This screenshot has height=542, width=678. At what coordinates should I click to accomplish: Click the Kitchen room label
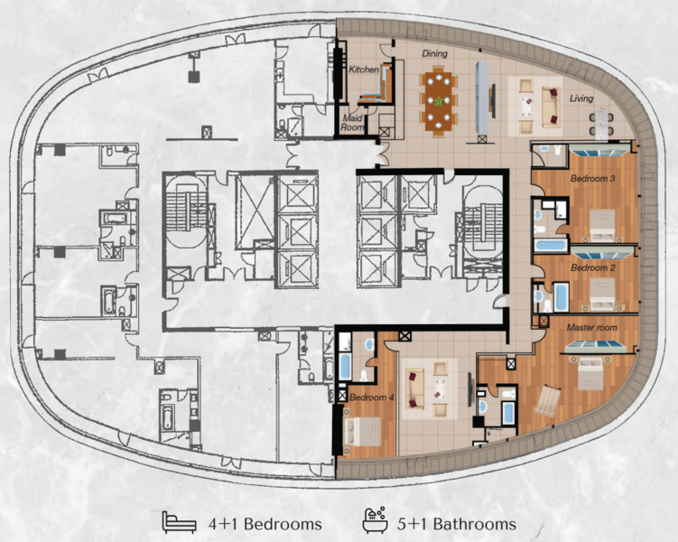click(364, 70)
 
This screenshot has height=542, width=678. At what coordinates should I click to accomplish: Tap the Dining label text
click(434, 53)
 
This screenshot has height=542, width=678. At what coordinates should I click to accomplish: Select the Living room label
click(581, 98)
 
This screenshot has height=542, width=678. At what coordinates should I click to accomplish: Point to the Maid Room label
click(353, 123)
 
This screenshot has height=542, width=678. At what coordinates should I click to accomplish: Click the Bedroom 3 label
click(592, 178)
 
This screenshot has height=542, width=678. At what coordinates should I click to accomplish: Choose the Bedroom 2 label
click(592, 267)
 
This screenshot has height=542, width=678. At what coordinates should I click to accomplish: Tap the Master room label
click(591, 327)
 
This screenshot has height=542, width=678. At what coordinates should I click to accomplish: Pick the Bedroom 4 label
click(371, 397)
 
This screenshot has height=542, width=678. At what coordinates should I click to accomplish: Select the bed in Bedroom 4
click(362, 431)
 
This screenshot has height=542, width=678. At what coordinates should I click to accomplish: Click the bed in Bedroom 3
click(602, 225)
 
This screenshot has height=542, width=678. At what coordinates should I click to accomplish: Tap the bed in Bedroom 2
click(602, 294)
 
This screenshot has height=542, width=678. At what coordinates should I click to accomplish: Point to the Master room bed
click(592, 372)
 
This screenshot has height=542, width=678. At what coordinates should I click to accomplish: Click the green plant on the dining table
click(439, 101)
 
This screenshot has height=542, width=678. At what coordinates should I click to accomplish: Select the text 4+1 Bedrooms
click(265, 524)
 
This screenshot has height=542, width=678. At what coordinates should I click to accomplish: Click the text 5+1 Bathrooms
click(457, 524)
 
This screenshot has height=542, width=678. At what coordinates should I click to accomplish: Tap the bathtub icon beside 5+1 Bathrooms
click(375, 519)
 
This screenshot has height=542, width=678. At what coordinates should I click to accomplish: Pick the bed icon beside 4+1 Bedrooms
click(179, 521)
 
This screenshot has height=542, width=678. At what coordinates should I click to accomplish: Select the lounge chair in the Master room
click(547, 400)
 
